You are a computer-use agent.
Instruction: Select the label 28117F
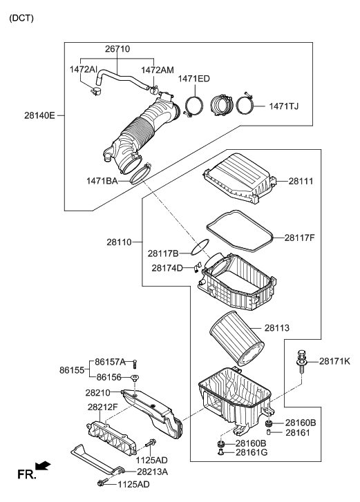point(300,237)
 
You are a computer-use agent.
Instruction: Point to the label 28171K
point(334,361)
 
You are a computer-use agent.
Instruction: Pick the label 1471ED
point(193,79)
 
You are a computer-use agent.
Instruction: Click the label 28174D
point(168,267)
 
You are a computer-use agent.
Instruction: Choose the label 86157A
point(111,361)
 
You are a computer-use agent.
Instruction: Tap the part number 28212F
point(104,407)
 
